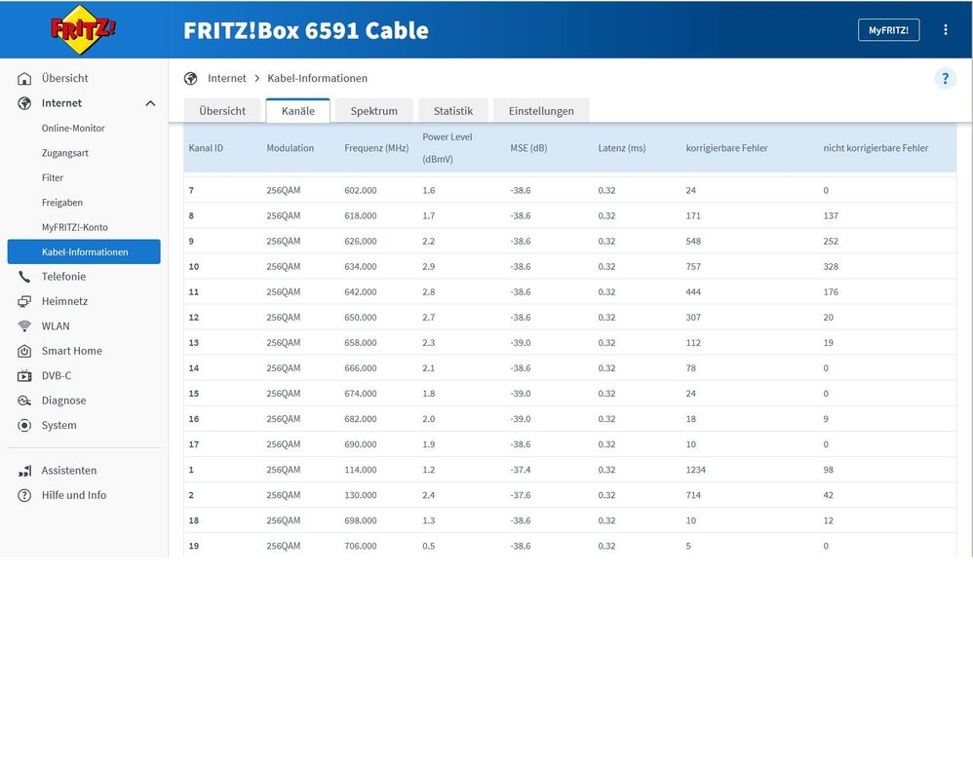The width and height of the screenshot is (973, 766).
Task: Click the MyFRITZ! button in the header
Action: pyautogui.click(x=888, y=30)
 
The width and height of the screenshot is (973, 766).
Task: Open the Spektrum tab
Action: pyautogui.click(x=374, y=111)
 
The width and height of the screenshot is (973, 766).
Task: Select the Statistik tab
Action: pyautogui.click(x=453, y=111)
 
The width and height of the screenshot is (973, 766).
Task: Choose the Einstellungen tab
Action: pyautogui.click(x=541, y=111)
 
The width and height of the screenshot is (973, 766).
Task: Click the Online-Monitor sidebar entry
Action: pyautogui.click(x=73, y=128)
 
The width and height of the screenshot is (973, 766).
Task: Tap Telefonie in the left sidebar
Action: pyautogui.click(x=63, y=277)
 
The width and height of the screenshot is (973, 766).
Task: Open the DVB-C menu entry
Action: pyautogui.click(x=57, y=376)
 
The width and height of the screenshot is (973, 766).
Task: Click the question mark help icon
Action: pyautogui.click(x=945, y=79)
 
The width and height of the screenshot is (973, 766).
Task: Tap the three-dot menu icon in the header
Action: pyautogui.click(x=945, y=30)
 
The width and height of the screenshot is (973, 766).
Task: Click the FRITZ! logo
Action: pyautogui.click(x=84, y=29)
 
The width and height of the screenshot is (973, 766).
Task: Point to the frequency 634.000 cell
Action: pyautogui.click(x=361, y=267)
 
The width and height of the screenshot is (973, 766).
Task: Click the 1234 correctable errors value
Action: pyautogui.click(x=696, y=470)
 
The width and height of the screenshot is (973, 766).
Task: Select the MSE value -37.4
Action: pyautogui.click(x=521, y=470)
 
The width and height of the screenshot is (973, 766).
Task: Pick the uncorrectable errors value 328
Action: pyautogui.click(x=831, y=267)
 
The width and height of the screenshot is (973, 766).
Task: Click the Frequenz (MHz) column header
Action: pyautogui.click(x=376, y=148)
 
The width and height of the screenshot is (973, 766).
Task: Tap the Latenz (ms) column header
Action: pyautogui.click(x=622, y=148)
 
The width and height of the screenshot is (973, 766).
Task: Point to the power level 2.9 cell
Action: pyautogui.click(x=429, y=267)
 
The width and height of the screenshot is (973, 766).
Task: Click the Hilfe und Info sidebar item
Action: pyautogui.click(x=74, y=495)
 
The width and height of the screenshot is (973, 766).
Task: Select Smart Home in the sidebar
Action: pyautogui.click(x=71, y=351)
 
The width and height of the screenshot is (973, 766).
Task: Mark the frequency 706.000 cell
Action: pyautogui.click(x=361, y=546)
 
